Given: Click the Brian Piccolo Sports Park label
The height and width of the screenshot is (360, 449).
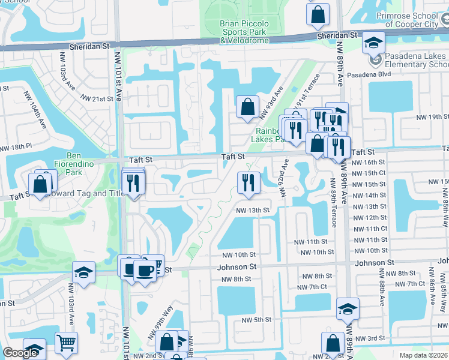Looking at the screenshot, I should pyautogui.click(x=246, y=32).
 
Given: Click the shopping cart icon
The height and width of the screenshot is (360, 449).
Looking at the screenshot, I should pyautogui.click(x=66, y=342).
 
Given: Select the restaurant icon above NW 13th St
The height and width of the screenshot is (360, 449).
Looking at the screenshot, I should pyautogui.click(x=248, y=182).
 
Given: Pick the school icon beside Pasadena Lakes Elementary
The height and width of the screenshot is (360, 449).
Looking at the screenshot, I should pyautogui.click(x=373, y=43).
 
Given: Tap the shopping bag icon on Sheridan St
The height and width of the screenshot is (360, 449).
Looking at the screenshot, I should pyautogui.click(x=318, y=13).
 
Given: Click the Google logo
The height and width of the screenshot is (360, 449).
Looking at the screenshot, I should pyautogui.click(x=20, y=353).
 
